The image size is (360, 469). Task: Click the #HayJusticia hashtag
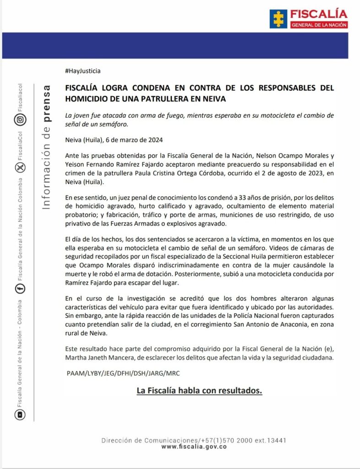pos(83,71)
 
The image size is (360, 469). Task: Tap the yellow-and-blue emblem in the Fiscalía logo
pos(278,19)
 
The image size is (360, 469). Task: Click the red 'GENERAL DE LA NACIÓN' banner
pos(319,24)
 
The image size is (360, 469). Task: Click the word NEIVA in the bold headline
pos(213,98)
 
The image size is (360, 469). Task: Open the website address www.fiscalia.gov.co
pos(194,447)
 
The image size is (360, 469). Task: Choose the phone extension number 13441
pos(276,440)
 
